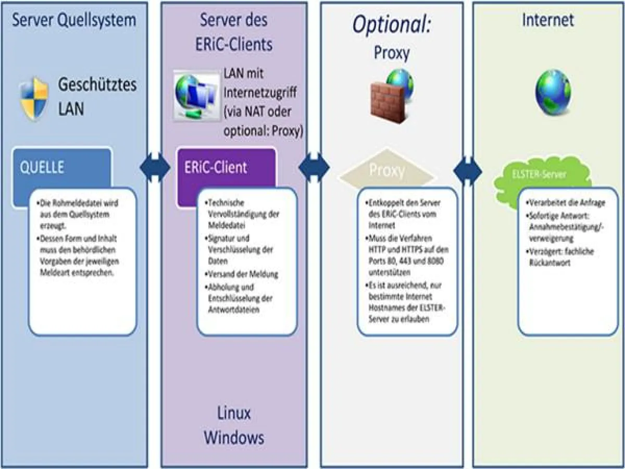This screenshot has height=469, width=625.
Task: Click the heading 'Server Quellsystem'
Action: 73,20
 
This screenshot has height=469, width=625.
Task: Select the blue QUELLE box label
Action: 42,167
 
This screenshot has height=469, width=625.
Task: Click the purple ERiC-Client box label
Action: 216,168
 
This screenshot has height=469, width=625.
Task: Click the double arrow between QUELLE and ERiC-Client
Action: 155,168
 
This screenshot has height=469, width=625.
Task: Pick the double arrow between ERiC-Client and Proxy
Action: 314,168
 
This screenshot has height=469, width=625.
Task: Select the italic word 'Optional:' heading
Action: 392,24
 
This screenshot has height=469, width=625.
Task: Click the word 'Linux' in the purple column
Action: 234,413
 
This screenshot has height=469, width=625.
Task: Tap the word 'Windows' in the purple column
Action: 234,437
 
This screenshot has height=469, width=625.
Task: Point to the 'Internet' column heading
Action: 548,20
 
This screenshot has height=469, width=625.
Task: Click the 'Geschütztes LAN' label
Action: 97,96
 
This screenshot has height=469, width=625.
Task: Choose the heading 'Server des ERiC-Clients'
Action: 234,32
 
